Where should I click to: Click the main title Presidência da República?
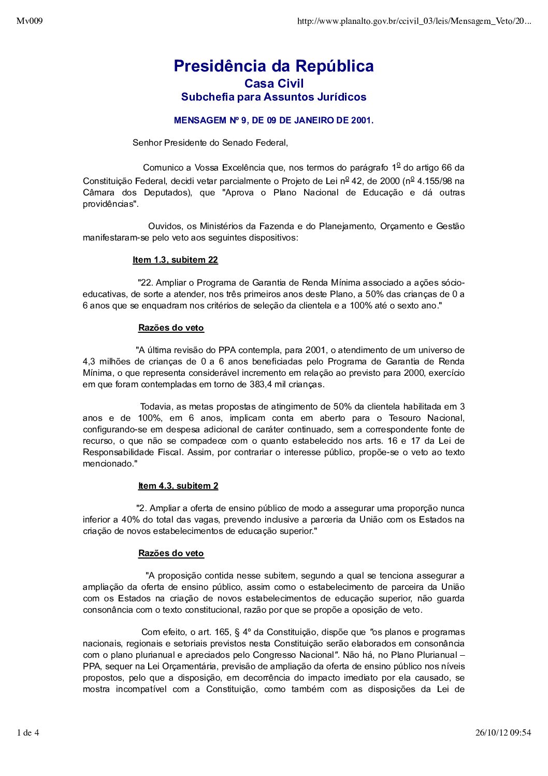[x=273, y=66]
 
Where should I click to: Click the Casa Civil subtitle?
[x=274, y=83]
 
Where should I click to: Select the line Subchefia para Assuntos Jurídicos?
[x=273, y=97]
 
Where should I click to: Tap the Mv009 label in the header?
[x=30, y=21]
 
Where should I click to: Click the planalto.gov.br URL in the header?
[x=414, y=21]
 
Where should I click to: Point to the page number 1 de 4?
[x=28, y=732]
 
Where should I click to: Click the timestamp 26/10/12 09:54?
[x=503, y=732]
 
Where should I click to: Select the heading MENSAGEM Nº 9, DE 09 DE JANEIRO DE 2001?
[x=273, y=120]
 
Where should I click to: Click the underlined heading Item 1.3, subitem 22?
[x=175, y=260]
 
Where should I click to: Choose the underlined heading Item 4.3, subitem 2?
[x=178, y=486]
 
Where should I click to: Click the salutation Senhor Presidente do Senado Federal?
[x=210, y=143]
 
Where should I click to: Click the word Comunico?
[x=162, y=168]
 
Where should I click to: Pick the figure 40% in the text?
[x=130, y=520]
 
